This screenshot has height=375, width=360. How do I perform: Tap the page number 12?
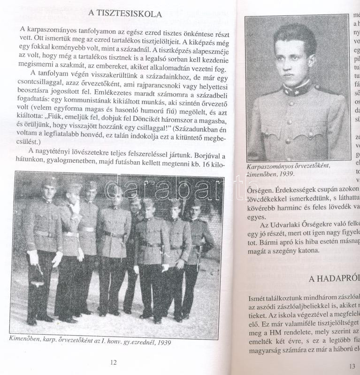click(x=113, y=362)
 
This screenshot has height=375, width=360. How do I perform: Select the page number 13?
click(x=352, y=367)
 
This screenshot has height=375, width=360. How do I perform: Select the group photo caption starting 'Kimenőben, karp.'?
click(x=90, y=342)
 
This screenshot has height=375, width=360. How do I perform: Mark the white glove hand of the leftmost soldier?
click(x=33, y=257)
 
